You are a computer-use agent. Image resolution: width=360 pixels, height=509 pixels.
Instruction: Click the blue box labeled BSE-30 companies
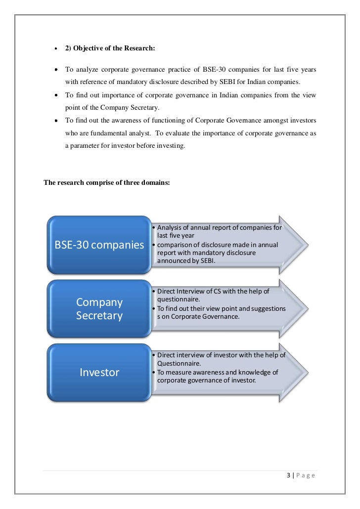pyautogui.click(x=99, y=245)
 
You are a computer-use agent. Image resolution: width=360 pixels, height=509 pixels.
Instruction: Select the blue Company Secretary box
pyautogui.click(x=99, y=308)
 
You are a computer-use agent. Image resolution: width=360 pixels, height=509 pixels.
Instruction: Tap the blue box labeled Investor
pyautogui.click(x=99, y=372)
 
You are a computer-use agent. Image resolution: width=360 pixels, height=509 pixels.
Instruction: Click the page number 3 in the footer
pyautogui.click(x=288, y=475)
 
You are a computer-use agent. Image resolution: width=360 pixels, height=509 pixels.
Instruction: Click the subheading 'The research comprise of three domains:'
pyautogui.click(x=107, y=182)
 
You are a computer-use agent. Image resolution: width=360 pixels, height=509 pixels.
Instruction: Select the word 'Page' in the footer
pyautogui.click(x=306, y=475)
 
